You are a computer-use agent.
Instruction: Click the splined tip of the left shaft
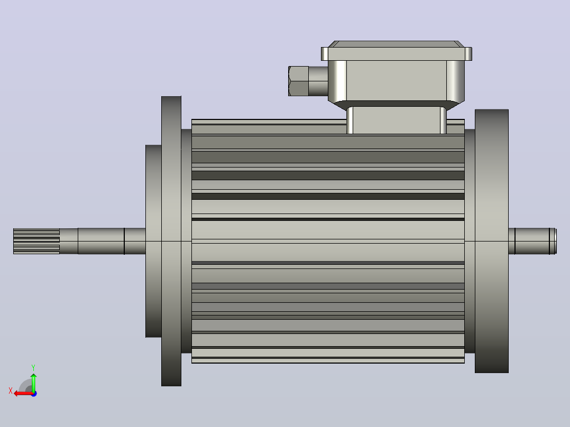pos(36,242)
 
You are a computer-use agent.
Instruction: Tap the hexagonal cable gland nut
pos(298,81)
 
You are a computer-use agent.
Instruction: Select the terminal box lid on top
pos(396,51)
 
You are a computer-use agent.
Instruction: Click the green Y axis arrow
pos(33,382)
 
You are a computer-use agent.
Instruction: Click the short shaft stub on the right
pos(532,242)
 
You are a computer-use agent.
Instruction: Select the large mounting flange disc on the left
pos(171,241)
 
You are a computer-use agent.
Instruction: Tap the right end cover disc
pos(492,241)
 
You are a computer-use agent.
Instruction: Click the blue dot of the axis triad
pos(34,394)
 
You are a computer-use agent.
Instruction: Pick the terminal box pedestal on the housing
pos(396,120)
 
